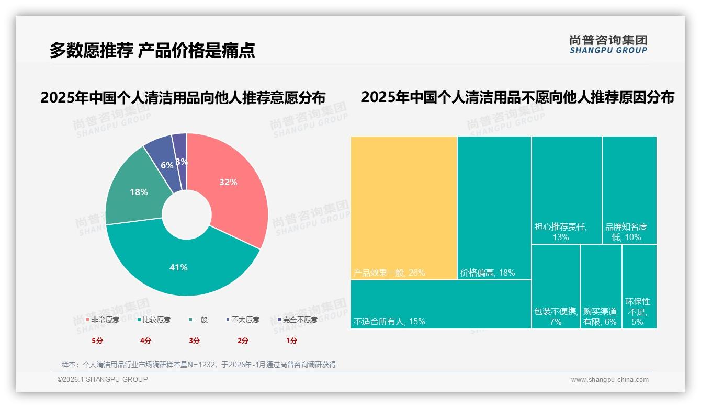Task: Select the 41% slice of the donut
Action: tap(178, 267)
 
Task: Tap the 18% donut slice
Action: tap(139, 192)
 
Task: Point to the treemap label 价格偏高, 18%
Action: tap(488, 273)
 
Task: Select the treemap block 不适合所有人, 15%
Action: tap(440, 304)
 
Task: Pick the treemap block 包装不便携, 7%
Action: tap(556, 287)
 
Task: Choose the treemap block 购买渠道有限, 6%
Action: tap(601, 287)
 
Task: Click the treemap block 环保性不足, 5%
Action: tap(639, 287)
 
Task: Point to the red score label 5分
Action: tap(97, 341)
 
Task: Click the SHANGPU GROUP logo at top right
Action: tap(608, 44)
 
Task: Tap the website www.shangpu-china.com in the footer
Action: tap(609, 380)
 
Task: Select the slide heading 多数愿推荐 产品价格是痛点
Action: tap(152, 50)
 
